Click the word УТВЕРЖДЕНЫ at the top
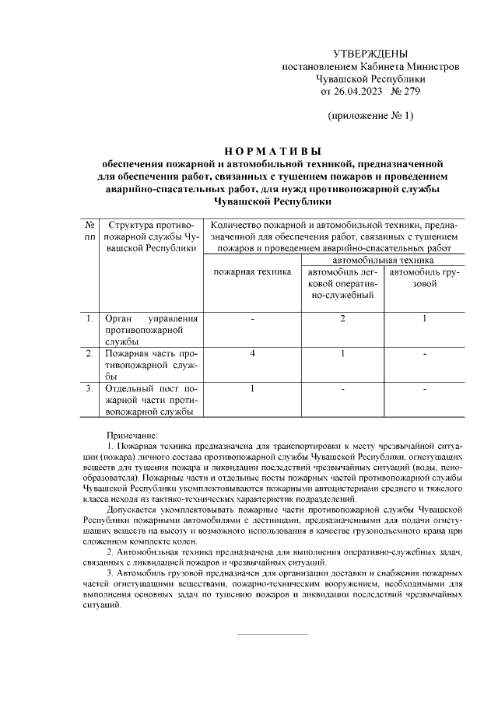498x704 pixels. click(x=370, y=54)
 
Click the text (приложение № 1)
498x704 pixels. click(x=370, y=116)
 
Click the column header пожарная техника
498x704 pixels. click(x=252, y=271)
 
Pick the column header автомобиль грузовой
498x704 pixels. click(x=424, y=278)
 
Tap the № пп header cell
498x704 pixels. click(x=90, y=230)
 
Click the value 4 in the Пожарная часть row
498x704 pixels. click(x=253, y=354)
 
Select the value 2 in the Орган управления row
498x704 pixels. click(x=342, y=318)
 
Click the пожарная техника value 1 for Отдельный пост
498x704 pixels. click(x=253, y=388)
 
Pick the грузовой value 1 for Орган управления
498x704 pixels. click(x=424, y=318)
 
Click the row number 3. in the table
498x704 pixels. click(x=90, y=388)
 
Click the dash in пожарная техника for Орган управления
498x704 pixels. click(x=253, y=318)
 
